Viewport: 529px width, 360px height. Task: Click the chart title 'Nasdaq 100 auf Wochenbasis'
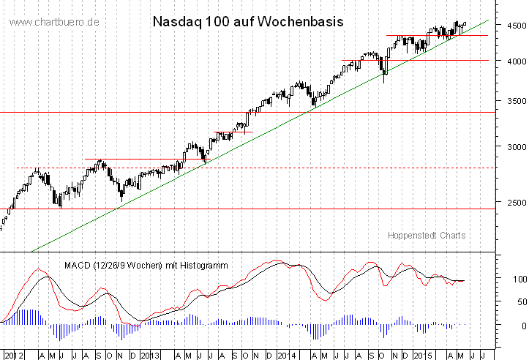pos(247,21)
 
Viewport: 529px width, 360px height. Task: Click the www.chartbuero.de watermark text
pos(55,23)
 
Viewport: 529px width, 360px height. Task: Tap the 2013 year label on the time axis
pos(150,354)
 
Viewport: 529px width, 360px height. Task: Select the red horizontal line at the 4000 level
pos(439,60)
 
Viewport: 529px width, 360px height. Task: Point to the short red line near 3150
pos(233,132)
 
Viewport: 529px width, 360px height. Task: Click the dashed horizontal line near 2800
pos(293,168)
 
